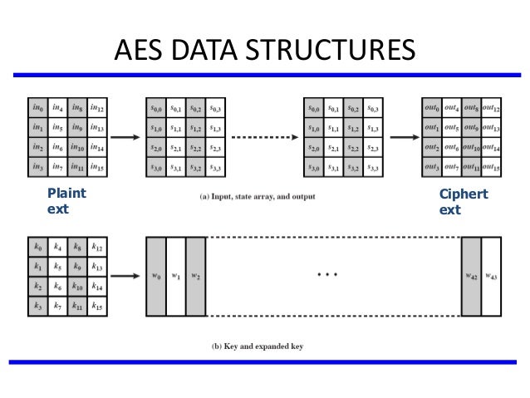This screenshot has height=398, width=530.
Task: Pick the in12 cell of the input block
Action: [97, 109]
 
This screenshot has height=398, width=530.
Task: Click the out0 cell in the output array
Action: [432, 109]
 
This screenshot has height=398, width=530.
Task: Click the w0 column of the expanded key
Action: [155, 277]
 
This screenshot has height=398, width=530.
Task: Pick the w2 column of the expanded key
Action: [195, 277]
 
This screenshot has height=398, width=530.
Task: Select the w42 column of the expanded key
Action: [471, 277]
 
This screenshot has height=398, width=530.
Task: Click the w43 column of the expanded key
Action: [491, 277]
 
